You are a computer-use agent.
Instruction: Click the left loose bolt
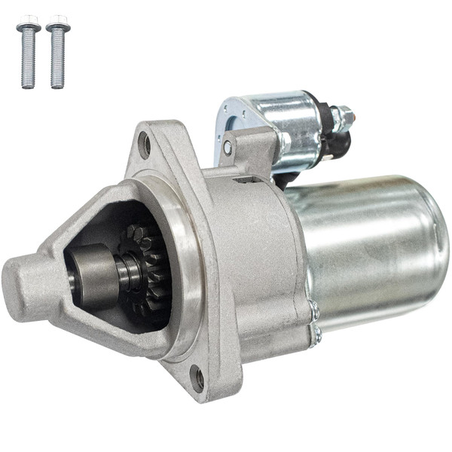click(28, 53)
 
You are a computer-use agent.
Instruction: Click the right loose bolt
click(57, 53)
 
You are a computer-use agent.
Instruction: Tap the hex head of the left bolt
click(28, 22)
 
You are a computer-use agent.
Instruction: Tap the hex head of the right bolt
click(57, 22)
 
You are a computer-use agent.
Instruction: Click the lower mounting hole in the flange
click(197, 377)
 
